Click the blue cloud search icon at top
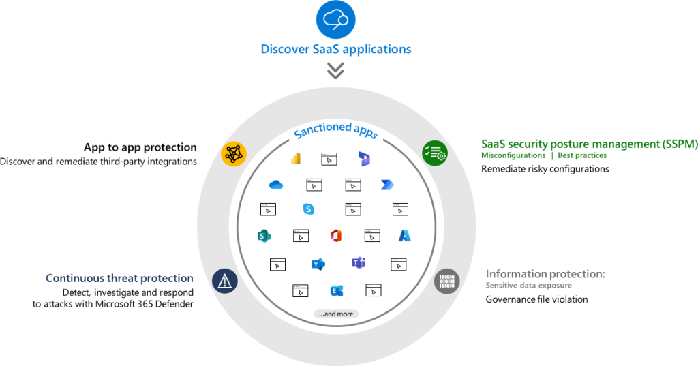335,19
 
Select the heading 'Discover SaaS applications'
335,49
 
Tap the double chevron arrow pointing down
335,70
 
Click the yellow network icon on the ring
233,153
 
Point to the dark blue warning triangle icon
224,280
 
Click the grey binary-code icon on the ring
446,280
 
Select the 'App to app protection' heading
140,147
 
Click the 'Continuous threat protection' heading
119,278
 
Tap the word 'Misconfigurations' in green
513,156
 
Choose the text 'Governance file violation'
536,299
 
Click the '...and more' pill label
335,314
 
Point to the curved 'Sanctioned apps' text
335,131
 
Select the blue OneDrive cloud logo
276,185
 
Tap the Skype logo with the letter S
309,209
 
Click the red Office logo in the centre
335,236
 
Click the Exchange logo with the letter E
335,290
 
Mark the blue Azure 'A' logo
405,236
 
